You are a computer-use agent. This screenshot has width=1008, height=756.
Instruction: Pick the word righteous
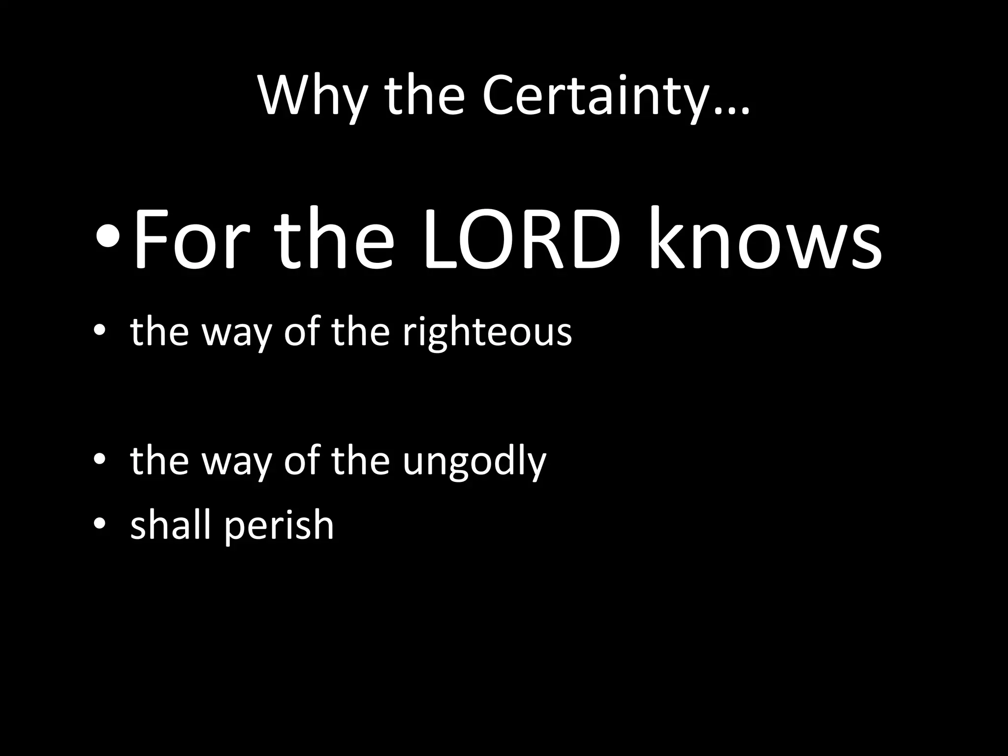click(487, 333)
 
